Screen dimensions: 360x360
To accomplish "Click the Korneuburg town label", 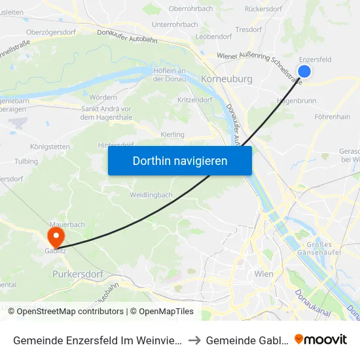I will pyautogui.click(x=227, y=79).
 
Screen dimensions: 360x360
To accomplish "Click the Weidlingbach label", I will pyautogui.click(x=151, y=195).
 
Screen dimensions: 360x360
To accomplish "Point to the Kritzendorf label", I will pyautogui.click(x=194, y=99).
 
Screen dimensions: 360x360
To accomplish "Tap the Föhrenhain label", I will pyautogui.click(x=332, y=117).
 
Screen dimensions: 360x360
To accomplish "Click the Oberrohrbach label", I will pyautogui.click(x=190, y=9).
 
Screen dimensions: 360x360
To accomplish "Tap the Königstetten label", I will pyautogui.click(x=50, y=147).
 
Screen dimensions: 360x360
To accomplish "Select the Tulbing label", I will pyautogui.click(x=26, y=161).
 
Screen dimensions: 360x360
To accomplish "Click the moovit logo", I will pyautogui.click(x=321, y=339).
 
